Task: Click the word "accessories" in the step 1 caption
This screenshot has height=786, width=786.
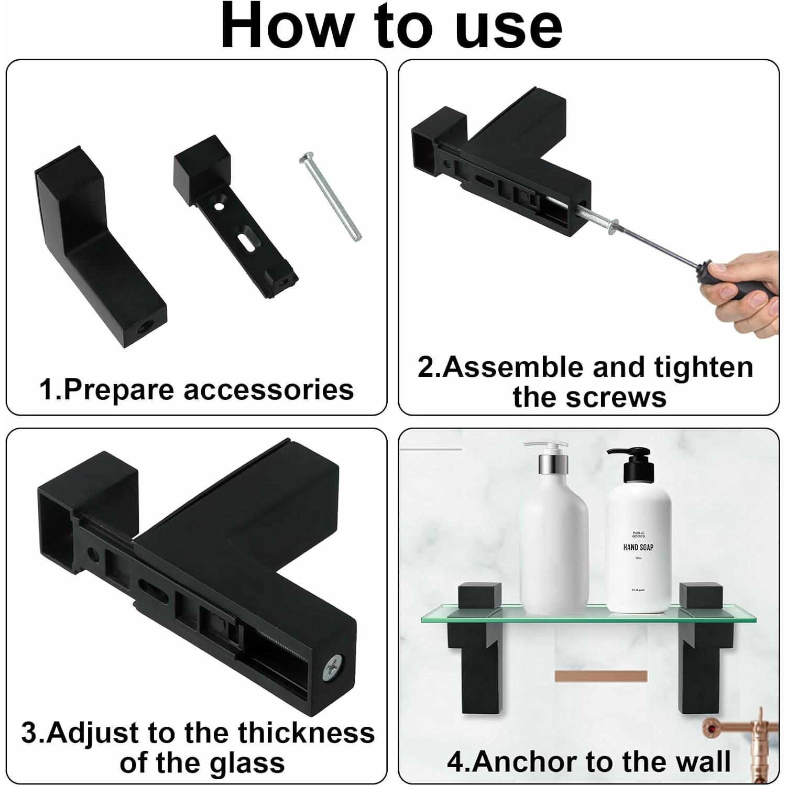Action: pos(268,390)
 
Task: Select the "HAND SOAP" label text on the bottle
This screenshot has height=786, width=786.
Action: pos(638,548)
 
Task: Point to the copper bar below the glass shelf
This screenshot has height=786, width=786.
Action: pos(601,676)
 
